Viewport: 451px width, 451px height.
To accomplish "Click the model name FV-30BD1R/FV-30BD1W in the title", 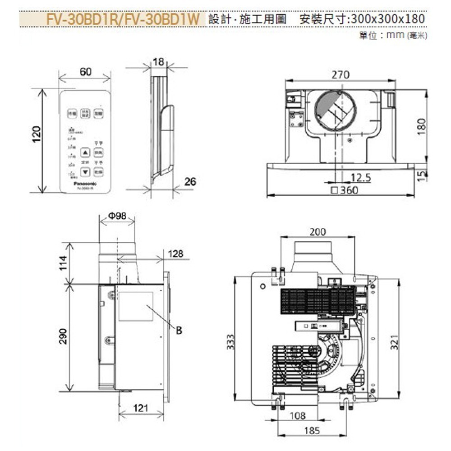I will point(123,19).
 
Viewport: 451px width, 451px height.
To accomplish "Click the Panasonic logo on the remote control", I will point(85,183).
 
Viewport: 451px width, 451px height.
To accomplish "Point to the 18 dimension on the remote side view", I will point(158,62).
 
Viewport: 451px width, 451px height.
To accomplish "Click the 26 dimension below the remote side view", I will point(190,181).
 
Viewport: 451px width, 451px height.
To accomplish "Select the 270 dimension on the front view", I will point(340,75).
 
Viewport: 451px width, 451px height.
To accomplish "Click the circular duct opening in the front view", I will point(335,110).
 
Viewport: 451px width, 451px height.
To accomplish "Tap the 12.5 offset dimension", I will point(360,178).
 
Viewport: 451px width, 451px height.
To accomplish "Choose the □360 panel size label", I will point(345,190).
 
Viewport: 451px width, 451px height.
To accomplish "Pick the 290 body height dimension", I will point(63,336).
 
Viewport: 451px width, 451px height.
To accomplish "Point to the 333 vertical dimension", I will point(230,340).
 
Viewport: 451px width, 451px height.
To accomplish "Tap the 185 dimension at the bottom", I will point(311,430).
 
